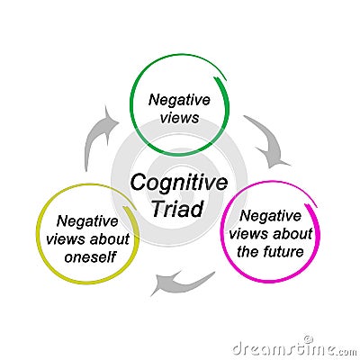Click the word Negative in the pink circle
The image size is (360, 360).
tap(270, 216)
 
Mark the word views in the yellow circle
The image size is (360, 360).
tap(67, 239)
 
